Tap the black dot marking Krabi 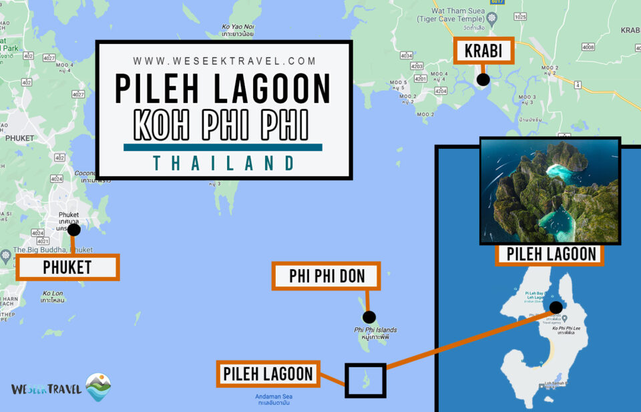(483, 79)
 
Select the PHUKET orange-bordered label (67, 267)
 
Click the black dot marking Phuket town (74, 230)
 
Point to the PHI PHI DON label (327, 276)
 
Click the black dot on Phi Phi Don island (369, 317)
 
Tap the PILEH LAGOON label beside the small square (268, 373)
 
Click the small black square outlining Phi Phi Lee (365, 380)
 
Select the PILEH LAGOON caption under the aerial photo (550, 254)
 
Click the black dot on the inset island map (556, 307)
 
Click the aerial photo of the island (550, 191)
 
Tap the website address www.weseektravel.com (224, 61)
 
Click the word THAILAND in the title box (224, 163)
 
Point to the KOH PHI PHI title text (222, 124)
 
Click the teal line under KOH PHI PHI (223, 148)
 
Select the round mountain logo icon (98, 387)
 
